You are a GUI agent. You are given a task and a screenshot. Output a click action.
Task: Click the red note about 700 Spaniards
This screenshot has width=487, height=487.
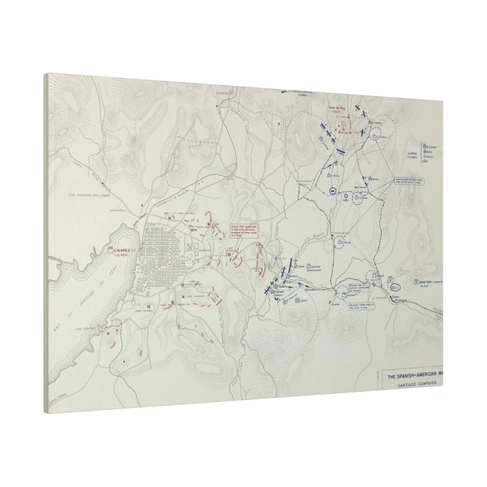(x=244, y=231)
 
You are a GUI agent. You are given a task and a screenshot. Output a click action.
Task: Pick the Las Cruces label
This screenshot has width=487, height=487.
(x=84, y=329)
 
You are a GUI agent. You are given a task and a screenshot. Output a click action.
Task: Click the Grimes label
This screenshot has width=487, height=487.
(x=335, y=303)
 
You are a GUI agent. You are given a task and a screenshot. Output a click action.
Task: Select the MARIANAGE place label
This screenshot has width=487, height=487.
(x=340, y=233)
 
